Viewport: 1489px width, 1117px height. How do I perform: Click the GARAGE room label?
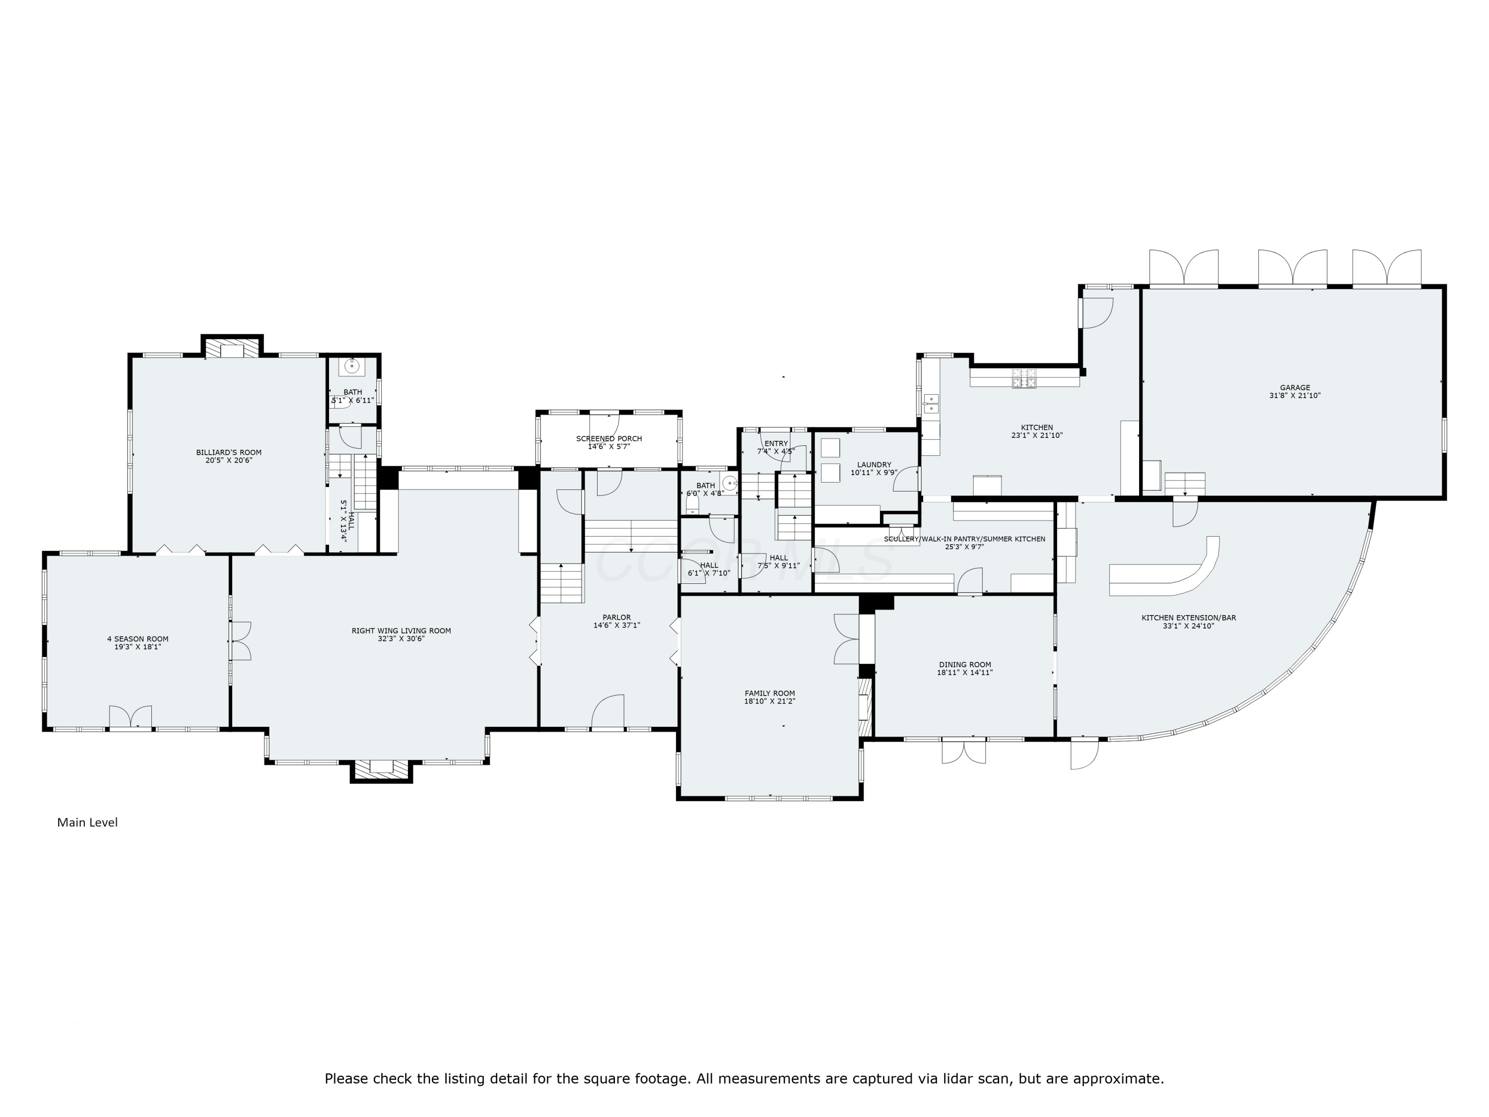pyautogui.click(x=1294, y=388)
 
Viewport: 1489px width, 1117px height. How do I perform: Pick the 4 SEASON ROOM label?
pyautogui.click(x=137, y=639)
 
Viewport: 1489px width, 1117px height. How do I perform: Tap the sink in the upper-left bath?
pyautogui.click(x=351, y=367)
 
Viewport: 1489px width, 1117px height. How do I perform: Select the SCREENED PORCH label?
pyautogui.click(x=609, y=438)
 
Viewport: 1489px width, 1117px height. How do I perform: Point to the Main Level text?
pyautogui.click(x=87, y=822)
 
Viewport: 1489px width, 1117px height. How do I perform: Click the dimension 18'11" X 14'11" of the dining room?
pyautogui.click(x=964, y=673)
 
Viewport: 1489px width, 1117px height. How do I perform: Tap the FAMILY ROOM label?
pyautogui.click(x=769, y=693)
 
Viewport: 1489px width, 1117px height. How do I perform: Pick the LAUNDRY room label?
pyautogui.click(x=874, y=465)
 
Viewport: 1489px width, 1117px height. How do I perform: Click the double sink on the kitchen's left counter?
pyautogui.click(x=932, y=403)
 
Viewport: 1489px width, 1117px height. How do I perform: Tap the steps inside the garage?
pyautogui.click(x=1184, y=483)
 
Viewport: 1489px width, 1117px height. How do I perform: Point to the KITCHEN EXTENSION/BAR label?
pyautogui.click(x=1188, y=618)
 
